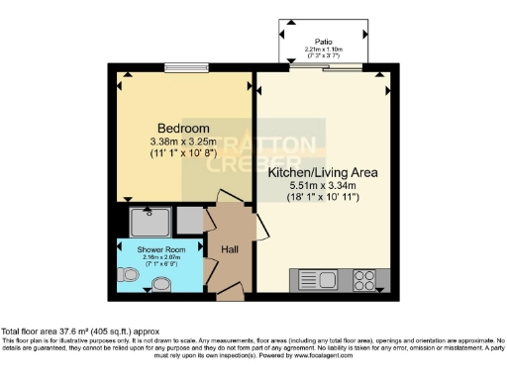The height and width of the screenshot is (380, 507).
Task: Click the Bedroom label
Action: [183, 129]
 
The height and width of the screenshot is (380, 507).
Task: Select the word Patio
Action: [324, 43]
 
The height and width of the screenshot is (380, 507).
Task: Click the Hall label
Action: [229, 249]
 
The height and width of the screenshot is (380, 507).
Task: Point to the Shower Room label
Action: [142, 248]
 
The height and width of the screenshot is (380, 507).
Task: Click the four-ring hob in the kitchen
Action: [363, 279]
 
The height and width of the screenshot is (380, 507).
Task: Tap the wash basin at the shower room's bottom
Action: [161, 286]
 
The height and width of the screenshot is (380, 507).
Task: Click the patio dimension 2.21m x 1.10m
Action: [324, 50]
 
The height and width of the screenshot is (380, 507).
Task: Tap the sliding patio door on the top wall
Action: [324, 69]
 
